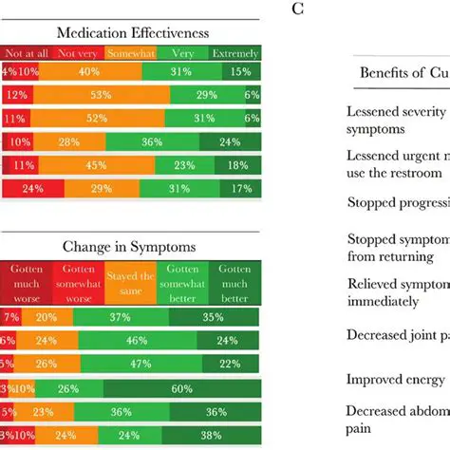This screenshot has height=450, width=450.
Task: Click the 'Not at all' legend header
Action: point(28,53)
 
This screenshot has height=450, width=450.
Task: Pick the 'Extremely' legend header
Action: point(234,53)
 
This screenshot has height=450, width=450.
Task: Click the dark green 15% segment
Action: point(241,72)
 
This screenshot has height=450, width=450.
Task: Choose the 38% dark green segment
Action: point(216,413)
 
